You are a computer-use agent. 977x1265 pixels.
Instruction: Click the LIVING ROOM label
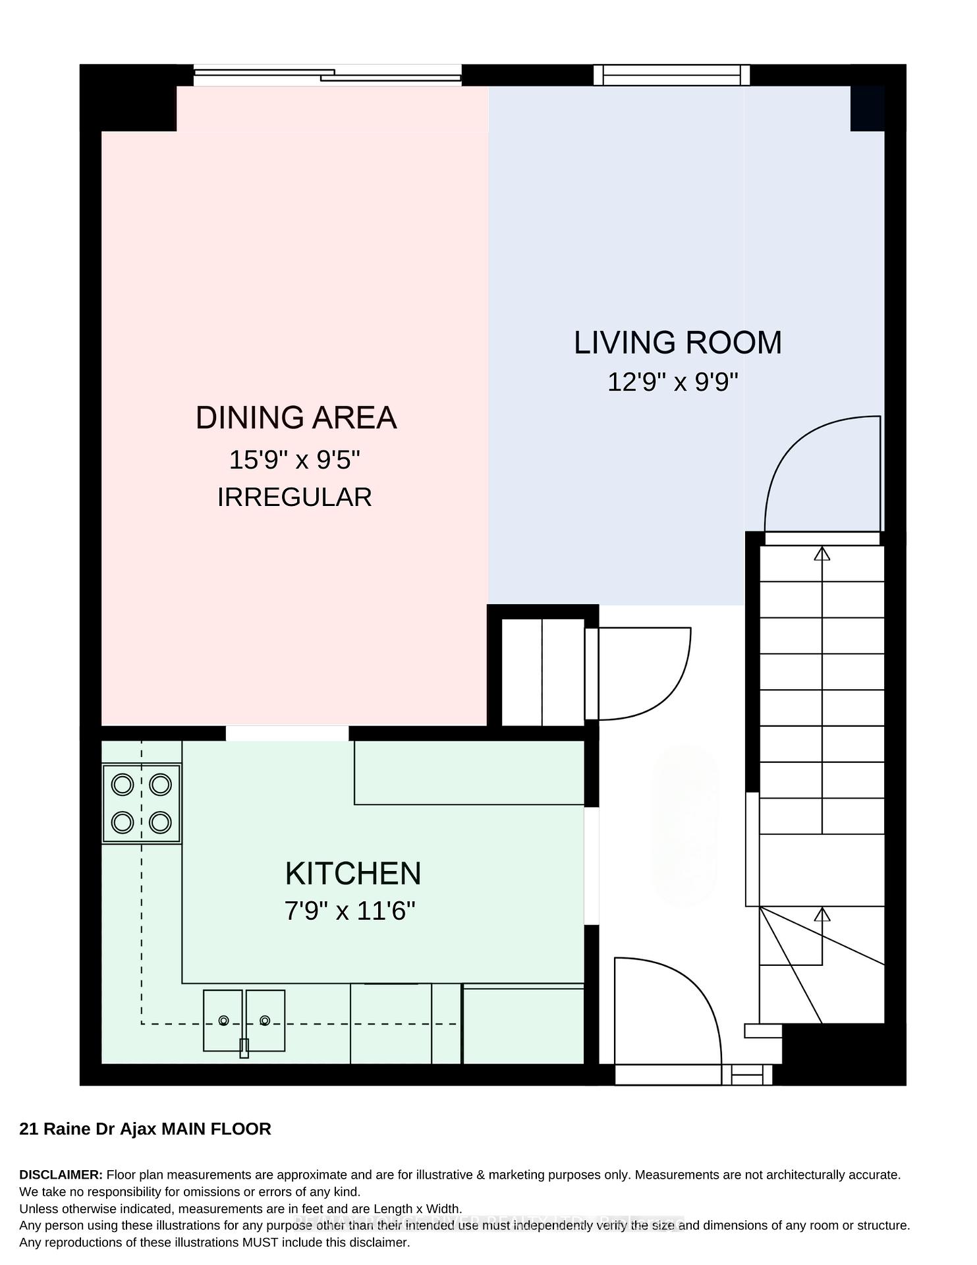pyautogui.click(x=678, y=343)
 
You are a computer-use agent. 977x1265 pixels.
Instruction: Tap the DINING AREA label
pyautogui.click(x=296, y=418)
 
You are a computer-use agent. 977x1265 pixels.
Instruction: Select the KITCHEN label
pyautogui.click(x=353, y=874)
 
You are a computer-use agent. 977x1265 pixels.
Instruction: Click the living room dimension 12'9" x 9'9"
pyautogui.click(x=673, y=382)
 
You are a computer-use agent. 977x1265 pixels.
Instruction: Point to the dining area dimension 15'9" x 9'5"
pyautogui.click(x=294, y=460)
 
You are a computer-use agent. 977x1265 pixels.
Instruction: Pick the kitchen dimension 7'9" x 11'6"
pyautogui.click(x=350, y=911)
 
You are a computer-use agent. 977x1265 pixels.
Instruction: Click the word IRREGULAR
pyautogui.click(x=294, y=497)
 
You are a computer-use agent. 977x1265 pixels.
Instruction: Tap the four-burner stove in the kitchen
pyautogui.click(x=142, y=803)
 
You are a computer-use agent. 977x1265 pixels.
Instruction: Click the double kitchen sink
pyautogui.click(x=244, y=1021)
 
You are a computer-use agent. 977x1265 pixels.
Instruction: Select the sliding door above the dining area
pyautogui.click(x=327, y=75)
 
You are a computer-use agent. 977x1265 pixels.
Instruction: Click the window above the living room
pyautogui.click(x=672, y=75)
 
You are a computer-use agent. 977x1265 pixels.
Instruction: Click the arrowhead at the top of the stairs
pyautogui.click(x=822, y=553)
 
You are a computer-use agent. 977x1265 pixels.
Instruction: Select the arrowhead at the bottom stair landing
pyautogui.click(x=822, y=914)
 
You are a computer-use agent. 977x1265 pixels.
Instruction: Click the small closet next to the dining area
pyautogui.click(x=543, y=672)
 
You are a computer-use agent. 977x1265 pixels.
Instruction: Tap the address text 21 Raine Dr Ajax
pyautogui.click(x=88, y=1129)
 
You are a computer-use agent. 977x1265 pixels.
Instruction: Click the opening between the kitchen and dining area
pyautogui.click(x=287, y=733)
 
